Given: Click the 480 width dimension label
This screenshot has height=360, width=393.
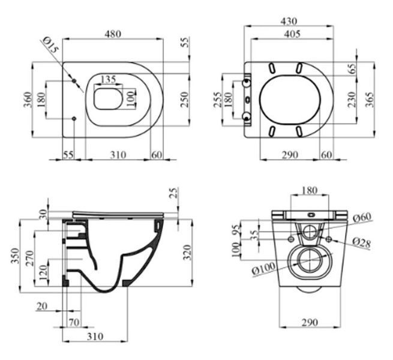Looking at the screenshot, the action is [113, 34].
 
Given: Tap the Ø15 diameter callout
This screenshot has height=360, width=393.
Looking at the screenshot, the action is [50, 44].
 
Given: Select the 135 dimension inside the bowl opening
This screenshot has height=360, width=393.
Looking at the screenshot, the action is [108, 79].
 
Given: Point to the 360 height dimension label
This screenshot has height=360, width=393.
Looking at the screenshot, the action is [28, 100].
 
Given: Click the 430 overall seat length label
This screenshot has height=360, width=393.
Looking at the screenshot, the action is [289, 21].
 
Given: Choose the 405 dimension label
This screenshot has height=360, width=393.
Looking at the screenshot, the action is [292, 34].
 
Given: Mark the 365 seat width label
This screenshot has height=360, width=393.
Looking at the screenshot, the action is [369, 100].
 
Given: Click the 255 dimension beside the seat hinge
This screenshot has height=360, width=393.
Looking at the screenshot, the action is [218, 100].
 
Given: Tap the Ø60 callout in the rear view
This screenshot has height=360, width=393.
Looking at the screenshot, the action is [362, 217].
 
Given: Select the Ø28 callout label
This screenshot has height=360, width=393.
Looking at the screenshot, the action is [361, 242].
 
